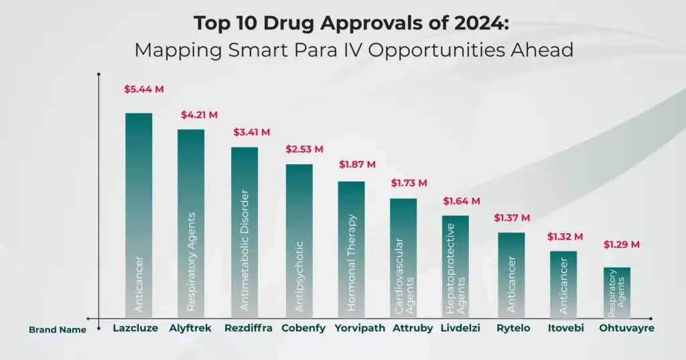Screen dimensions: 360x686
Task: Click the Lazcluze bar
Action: pyautogui.click(x=139, y=215)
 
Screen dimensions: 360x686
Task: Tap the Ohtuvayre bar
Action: pyautogui.click(x=617, y=292)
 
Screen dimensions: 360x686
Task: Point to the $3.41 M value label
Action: pyautogui.click(x=251, y=131)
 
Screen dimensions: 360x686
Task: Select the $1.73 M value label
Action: pyautogui.click(x=409, y=182)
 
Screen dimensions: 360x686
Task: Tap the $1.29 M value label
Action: pyautogui.click(x=622, y=245)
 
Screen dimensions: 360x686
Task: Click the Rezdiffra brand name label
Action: pyautogui.click(x=249, y=328)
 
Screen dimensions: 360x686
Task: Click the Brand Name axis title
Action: pyautogui.click(x=58, y=330)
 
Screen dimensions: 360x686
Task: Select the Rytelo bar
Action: pyautogui.click(x=511, y=275)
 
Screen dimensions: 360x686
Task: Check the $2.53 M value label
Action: pyautogui.click(x=305, y=149)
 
